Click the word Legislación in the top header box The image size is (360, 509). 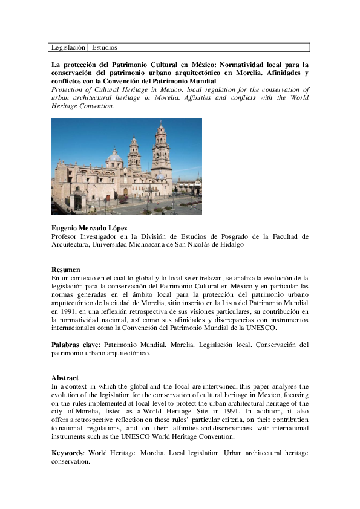click(68, 47)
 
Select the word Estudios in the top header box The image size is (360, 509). click(105, 47)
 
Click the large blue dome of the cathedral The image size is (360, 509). click(114, 157)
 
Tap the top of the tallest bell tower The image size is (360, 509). click(161, 125)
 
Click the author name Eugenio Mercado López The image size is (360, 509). click(89, 228)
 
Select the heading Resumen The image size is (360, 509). click(65, 270)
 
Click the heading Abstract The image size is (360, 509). click(65, 378)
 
